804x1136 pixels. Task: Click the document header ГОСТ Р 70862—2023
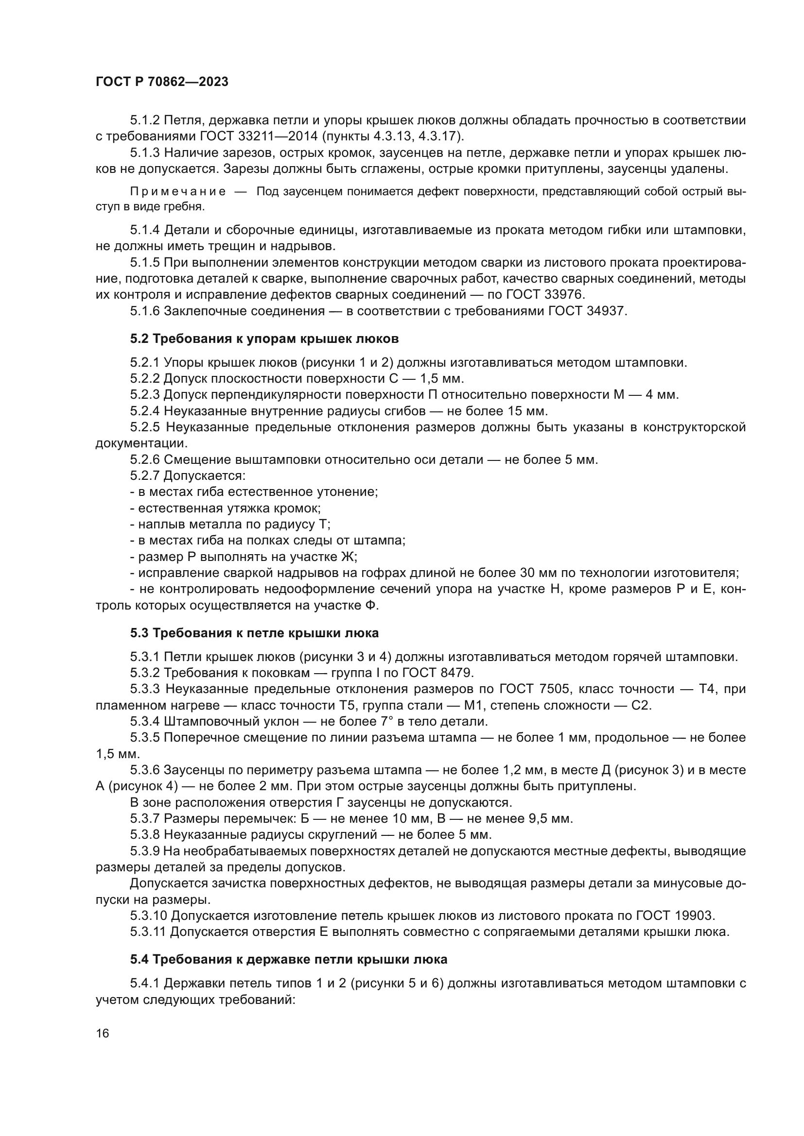tap(162, 82)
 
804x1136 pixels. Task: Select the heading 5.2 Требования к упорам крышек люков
tap(264, 339)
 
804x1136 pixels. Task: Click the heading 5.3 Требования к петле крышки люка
tap(254, 633)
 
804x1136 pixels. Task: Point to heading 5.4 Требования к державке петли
tap(289, 959)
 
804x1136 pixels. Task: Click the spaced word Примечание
tap(178, 192)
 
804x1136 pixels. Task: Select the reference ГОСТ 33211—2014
tap(259, 136)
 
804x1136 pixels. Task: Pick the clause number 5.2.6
tap(145, 459)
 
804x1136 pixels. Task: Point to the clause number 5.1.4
tap(145, 230)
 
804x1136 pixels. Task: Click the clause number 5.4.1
tap(145, 983)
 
